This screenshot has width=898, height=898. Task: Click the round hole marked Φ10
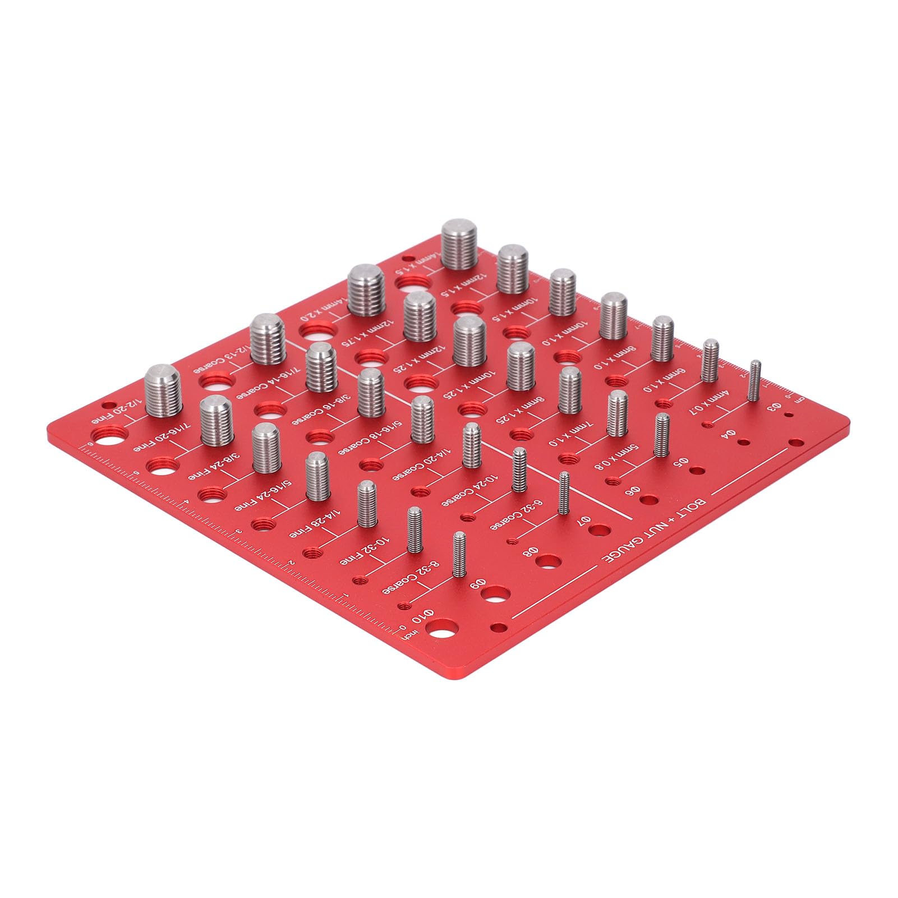[x=445, y=632]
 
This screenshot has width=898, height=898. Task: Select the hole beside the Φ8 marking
[x=548, y=561]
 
